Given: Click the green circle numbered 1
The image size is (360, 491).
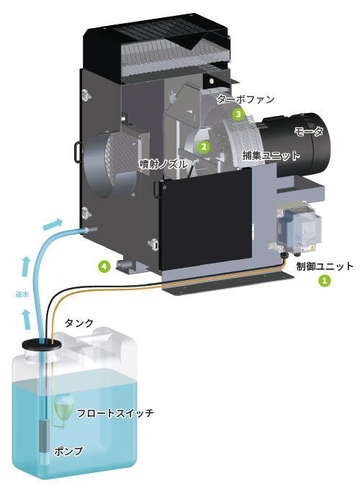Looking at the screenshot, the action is point(324,280).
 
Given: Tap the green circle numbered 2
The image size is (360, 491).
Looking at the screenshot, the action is point(204,146).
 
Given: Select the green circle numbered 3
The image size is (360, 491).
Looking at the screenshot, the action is point(238,114).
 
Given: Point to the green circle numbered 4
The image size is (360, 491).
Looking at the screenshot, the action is point(104,266).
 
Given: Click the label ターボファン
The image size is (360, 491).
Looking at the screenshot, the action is point(246,99).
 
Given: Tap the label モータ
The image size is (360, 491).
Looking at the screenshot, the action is point(308,131).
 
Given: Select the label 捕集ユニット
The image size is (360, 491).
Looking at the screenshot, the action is point(271,156).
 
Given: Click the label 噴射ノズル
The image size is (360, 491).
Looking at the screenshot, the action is point(163,164).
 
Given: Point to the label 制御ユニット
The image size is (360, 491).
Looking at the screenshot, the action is point(325,266).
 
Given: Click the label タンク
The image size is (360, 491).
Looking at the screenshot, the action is point(79,323).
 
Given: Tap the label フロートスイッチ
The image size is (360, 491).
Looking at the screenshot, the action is point(115,413).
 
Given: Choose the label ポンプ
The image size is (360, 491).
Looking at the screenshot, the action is point(68,451).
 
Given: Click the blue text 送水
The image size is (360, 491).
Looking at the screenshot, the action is point(22,294).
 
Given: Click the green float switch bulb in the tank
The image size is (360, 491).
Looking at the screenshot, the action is point(63,405).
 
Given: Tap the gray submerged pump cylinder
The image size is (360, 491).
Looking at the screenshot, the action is point(44,436).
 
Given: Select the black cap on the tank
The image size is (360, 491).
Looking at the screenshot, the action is point(42,345).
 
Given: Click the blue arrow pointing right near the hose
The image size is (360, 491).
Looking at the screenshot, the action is point(53,224).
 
